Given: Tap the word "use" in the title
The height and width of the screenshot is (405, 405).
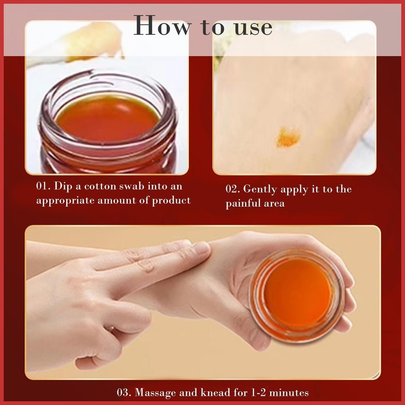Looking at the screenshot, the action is pos(254,28).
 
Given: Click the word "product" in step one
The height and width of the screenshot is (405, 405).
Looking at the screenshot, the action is pos(171,201).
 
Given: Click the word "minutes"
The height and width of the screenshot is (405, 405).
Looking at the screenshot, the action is pos(289,393).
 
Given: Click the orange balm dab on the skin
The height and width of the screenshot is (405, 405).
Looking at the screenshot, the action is pos(288,136).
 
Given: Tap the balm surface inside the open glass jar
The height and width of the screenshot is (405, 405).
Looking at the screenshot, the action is pos(108,118).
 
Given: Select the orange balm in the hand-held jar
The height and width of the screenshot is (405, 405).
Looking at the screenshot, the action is pos(297,293).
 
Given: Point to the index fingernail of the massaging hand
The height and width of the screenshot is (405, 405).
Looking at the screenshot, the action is pos(201,248).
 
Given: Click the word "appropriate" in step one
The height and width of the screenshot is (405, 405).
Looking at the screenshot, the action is pos(65,201).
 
